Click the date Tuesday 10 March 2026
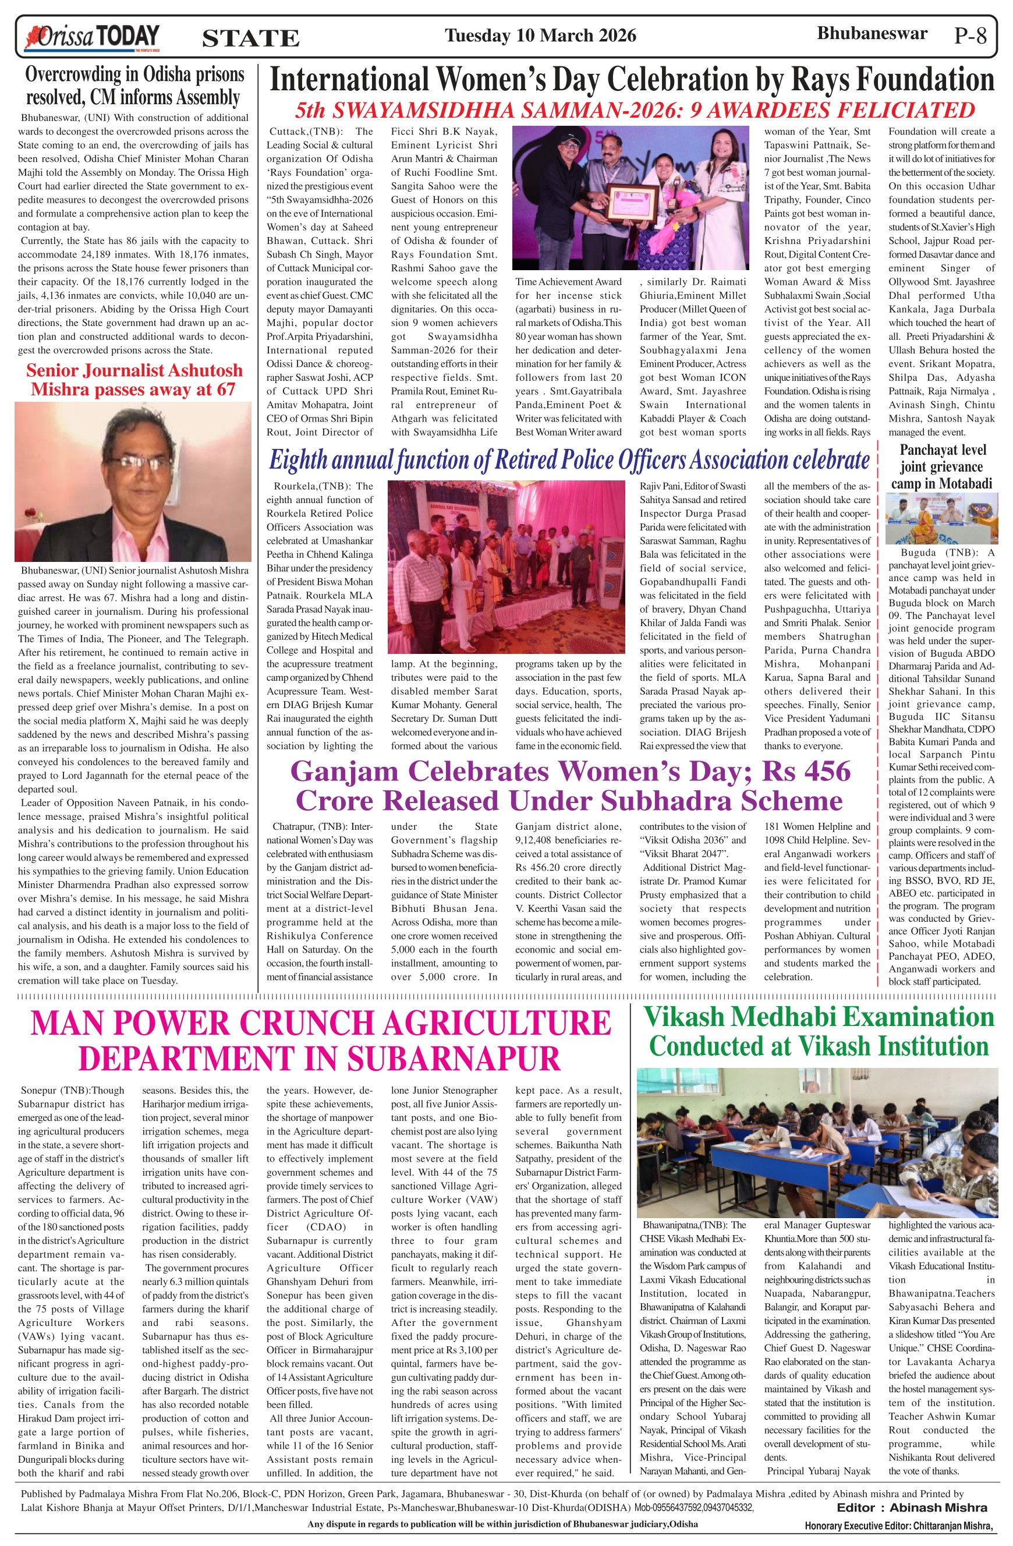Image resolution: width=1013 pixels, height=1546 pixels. point(540,35)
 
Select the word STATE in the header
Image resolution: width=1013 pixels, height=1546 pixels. point(251,38)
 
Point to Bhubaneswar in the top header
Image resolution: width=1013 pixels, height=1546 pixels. point(872,34)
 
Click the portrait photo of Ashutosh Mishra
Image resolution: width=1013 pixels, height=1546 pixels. point(133,482)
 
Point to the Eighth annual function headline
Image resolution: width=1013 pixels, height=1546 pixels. point(569,460)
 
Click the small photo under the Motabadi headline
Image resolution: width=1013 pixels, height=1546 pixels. point(941,518)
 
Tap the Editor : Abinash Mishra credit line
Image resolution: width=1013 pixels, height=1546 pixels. point(912,1508)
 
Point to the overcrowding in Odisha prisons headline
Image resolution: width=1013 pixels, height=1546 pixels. point(134,86)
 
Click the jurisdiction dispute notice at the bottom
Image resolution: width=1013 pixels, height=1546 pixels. point(502,1524)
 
